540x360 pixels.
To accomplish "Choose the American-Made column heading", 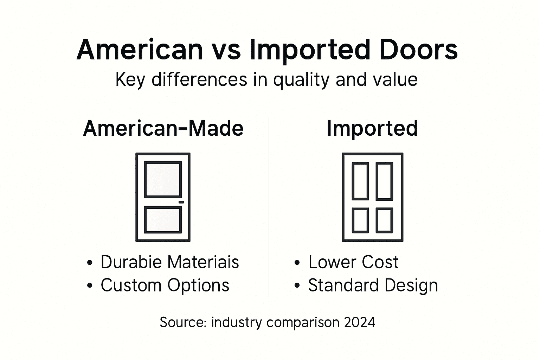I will click(x=163, y=128).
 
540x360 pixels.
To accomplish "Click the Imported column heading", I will click(x=372, y=129).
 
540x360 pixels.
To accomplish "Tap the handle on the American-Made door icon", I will click(x=181, y=202).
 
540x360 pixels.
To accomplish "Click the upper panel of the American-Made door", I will click(x=163, y=179).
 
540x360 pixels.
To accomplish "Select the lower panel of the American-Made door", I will click(x=163, y=220).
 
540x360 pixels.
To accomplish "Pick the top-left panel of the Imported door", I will click(x=361, y=181).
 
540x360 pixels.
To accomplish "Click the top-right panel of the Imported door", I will click(x=384, y=181).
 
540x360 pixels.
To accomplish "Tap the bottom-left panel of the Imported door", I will click(x=361, y=220).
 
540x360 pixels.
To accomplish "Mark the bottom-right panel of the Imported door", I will click(x=384, y=220).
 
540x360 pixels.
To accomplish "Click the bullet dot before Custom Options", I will click(x=90, y=285).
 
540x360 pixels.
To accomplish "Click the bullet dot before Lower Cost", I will click(x=297, y=263).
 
